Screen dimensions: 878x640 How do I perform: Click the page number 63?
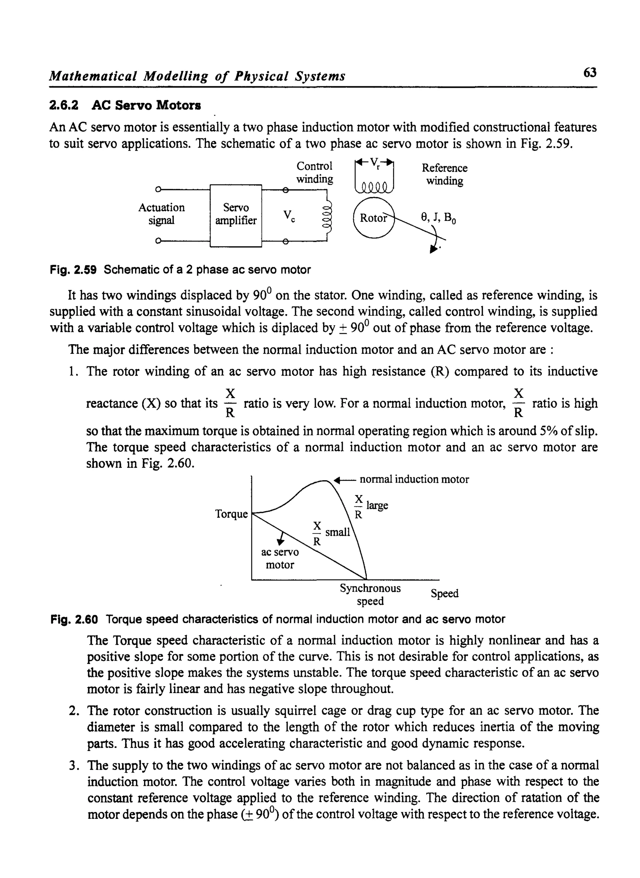click(590, 73)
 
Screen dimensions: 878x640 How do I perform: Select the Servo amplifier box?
click(236, 215)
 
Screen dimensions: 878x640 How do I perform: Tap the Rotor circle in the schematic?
click(373, 218)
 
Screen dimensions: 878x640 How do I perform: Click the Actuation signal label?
click(161, 214)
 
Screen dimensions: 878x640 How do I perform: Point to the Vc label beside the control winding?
click(289, 215)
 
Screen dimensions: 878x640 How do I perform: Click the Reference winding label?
click(444, 174)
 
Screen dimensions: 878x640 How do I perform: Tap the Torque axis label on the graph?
click(231, 514)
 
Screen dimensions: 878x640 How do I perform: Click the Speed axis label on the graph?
click(444, 593)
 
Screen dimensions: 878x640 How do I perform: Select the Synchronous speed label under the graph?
click(370, 595)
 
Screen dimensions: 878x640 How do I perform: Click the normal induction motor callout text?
click(414, 479)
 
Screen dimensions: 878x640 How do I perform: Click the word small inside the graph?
click(337, 532)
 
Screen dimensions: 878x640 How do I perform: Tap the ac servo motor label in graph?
click(280, 558)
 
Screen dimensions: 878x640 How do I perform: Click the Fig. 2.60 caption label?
click(74, 619)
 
